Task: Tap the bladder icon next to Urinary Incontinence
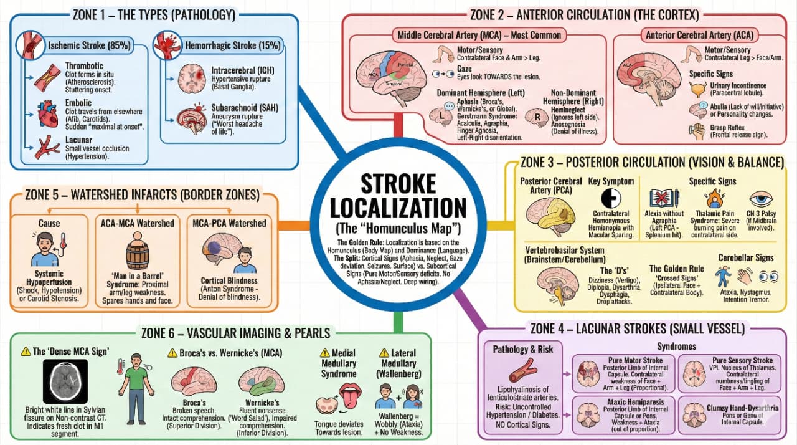click(x=697, y=89)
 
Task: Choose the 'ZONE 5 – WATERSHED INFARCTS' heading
click(x=143, y=195)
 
